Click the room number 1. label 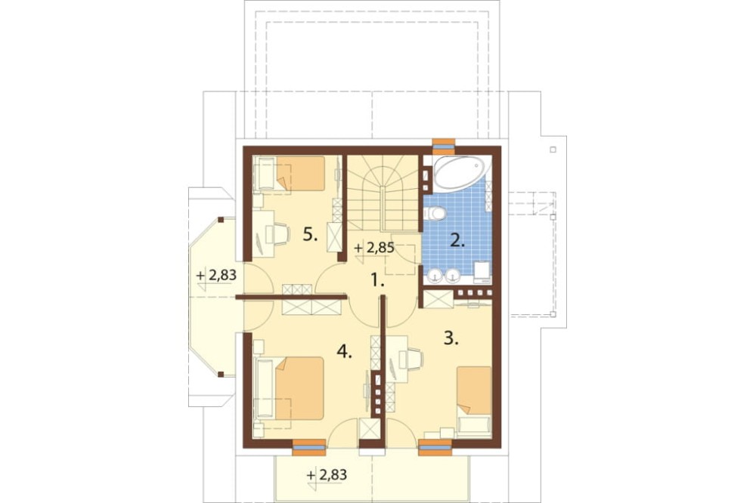point(377,279)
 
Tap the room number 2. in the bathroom point(457,240)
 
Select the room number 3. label point(451,338)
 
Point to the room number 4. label point(344,352)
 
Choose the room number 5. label point(310,235)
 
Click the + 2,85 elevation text point(374,248)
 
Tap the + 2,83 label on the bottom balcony point(327,475)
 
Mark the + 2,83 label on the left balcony point(216,275)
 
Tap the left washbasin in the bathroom point(436,275)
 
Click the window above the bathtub point(444,143)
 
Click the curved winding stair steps point(383,193)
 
